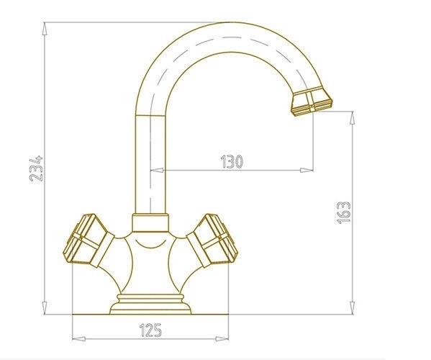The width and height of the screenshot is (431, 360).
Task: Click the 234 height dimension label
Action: (x=36, y=168)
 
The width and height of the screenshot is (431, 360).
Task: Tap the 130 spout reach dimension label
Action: (x=232, y=162)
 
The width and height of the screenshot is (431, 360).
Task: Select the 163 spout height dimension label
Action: (x=344, y=212)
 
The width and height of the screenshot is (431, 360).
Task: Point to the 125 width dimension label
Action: (x=150, y=330)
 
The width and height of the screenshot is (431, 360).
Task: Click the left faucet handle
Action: (x=89, y=241)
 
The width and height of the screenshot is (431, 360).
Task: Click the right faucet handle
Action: (x=212, y=240)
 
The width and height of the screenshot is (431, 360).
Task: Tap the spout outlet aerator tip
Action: (x=312, y=102)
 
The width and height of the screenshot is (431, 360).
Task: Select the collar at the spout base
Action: (x=150, y=222)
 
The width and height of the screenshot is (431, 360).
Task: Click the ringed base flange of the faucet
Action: (x=150, y=304)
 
